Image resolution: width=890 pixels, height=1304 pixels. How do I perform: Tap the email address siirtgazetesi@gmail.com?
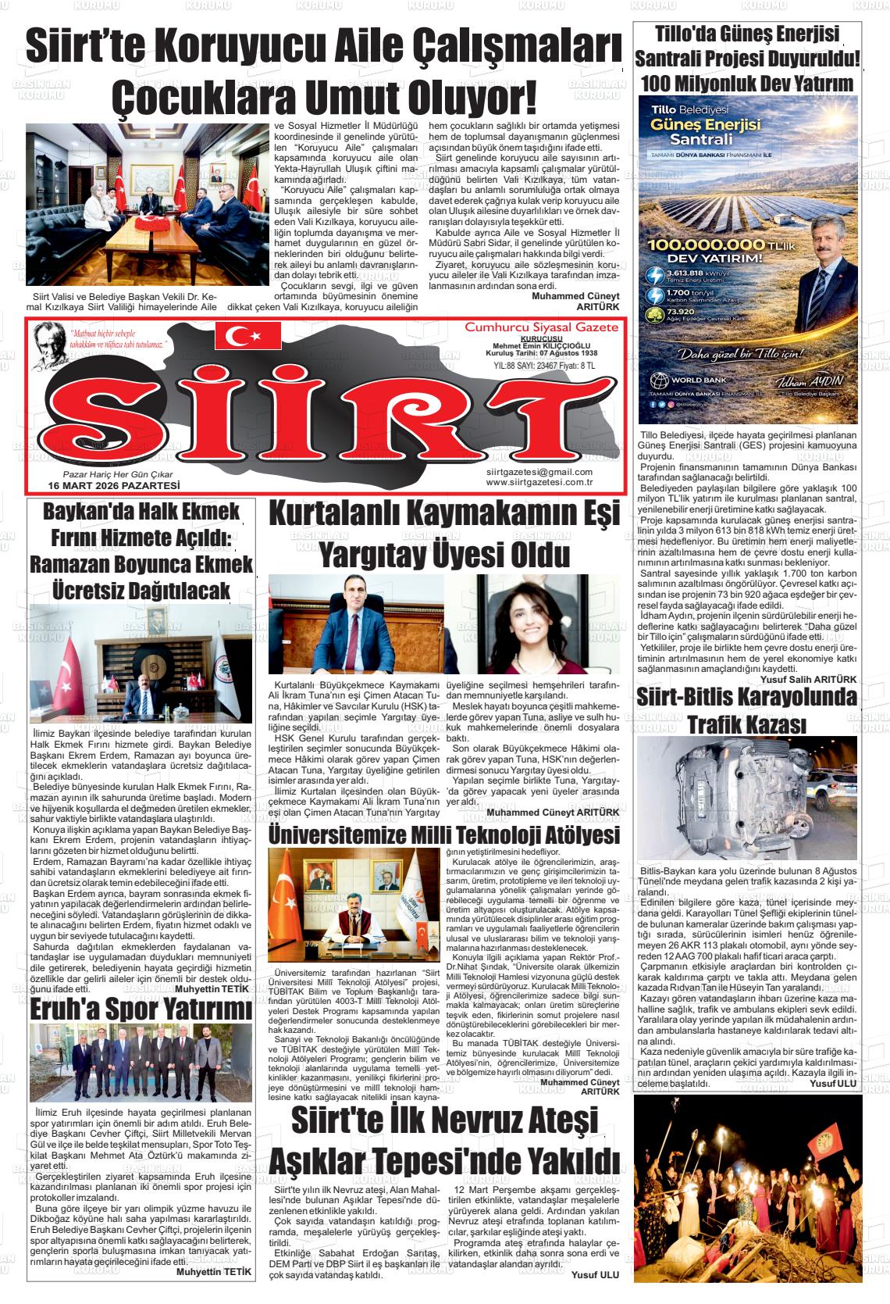(x=539, y=472)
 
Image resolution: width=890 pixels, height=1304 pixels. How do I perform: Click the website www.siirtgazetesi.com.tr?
(x=539, y=482)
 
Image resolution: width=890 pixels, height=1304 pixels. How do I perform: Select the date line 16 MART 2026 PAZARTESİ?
(x=114, y=485)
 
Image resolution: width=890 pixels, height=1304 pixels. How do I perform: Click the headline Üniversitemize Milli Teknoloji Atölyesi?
(x=444, y=834)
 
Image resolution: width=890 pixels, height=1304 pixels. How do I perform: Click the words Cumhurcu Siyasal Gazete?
(x=540, y=327)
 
